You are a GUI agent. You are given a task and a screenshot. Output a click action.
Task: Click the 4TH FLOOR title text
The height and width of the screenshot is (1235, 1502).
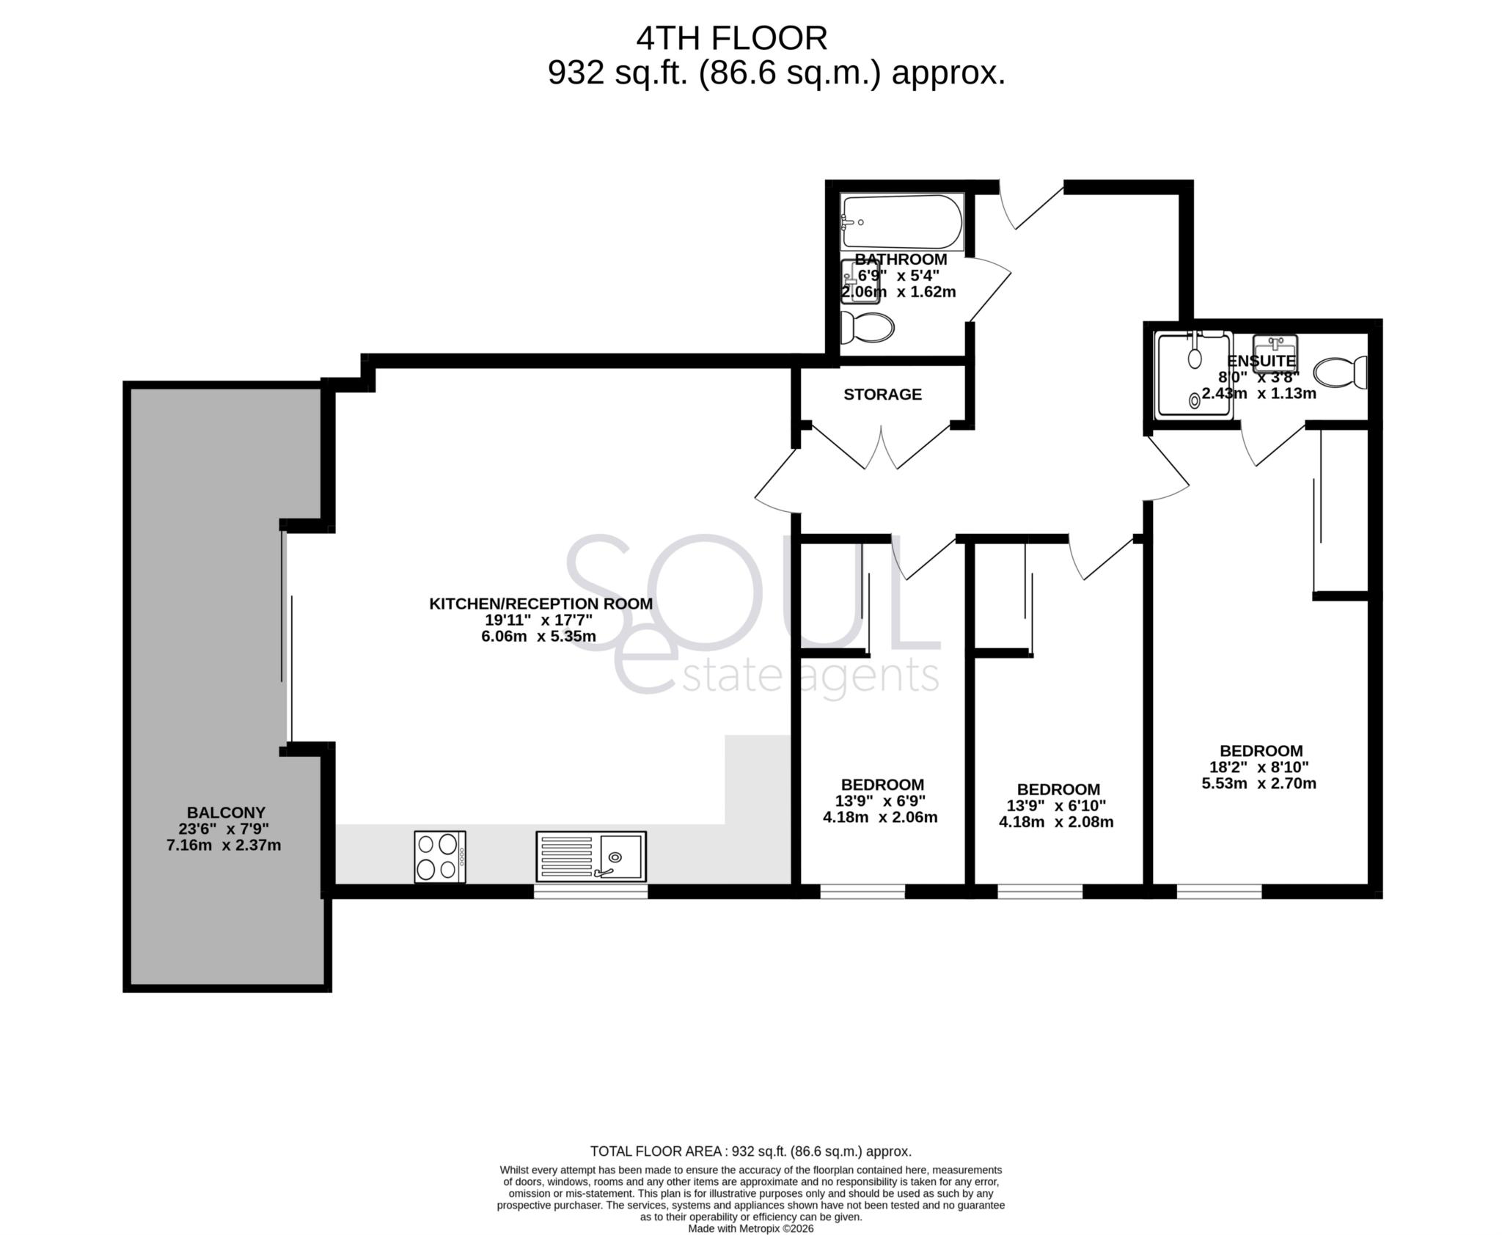(731, 38)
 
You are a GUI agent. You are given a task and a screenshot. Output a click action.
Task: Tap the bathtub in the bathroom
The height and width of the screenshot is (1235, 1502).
(901, 221)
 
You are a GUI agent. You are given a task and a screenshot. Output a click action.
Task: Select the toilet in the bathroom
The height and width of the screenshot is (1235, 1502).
(868, 327)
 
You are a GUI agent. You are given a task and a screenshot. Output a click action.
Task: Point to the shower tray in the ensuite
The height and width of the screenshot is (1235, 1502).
(1193, 375)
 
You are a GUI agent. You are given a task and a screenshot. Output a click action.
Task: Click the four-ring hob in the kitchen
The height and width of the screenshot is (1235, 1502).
(439, 857)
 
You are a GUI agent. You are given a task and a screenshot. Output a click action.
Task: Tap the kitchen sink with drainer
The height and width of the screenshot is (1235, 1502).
(590, 856)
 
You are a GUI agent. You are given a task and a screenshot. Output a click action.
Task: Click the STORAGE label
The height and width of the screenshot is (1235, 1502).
(882, 395)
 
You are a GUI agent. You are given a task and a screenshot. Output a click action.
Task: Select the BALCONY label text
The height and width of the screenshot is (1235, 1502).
(226, 813)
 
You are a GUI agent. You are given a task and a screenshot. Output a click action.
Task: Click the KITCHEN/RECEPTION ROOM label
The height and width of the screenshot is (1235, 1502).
(541, 604)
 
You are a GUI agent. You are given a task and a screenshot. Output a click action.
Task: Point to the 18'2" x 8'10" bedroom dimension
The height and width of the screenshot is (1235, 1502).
(1259, 767)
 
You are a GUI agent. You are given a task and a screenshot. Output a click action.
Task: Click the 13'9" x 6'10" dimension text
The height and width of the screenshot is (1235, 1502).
(1056, 805)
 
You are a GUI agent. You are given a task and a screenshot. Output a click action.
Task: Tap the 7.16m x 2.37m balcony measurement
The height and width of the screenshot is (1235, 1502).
(224, 845)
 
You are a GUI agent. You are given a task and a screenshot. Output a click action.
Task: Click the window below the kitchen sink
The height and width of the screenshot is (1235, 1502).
(590, 892)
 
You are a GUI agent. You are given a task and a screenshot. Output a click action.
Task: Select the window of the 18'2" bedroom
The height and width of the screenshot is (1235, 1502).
(1219, 892)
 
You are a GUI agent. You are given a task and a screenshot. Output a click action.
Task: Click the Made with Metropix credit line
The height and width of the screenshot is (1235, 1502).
(750, 1228)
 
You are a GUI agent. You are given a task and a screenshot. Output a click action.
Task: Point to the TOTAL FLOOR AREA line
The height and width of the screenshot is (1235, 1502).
(750, 1151)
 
